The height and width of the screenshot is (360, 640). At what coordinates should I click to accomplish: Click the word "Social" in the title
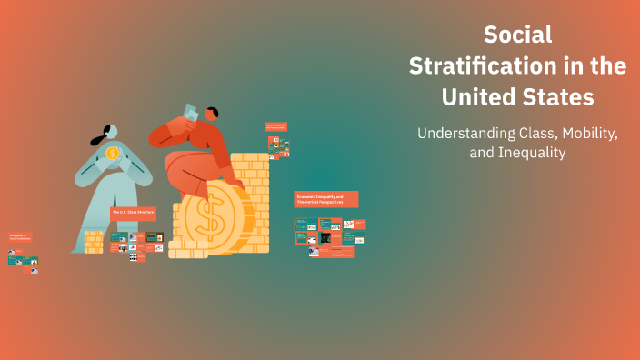coord(517,35)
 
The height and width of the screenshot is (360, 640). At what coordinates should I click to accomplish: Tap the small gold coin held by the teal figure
coord(112,153)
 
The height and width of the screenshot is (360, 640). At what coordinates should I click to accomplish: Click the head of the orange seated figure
coord(210,115)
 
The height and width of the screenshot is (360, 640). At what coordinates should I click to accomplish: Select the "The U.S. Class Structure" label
coord(133,212)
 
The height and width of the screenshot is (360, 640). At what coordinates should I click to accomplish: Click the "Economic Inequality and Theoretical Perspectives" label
coord(325,199)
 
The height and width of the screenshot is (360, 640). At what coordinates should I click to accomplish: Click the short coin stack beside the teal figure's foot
coord(94,241)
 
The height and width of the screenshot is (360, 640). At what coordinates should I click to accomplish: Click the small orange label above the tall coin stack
coord(276,126)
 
